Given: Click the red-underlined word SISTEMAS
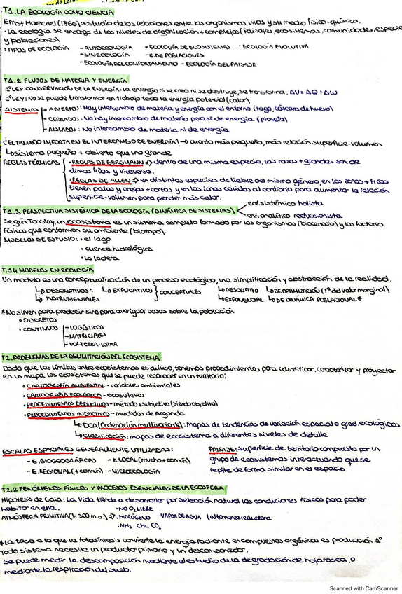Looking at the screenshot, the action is coord(20,109).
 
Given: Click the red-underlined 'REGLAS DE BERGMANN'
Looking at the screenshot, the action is coord(100,162).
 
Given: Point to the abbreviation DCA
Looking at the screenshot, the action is coord(88,424).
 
